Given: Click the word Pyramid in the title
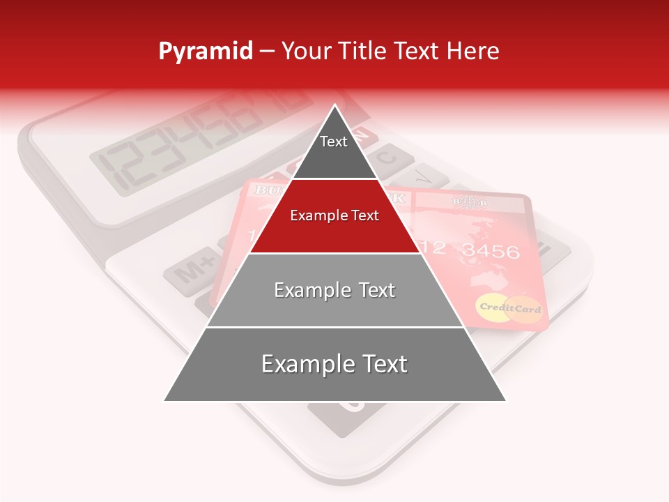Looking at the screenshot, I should (205, 52).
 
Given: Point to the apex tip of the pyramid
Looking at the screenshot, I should (334, 107).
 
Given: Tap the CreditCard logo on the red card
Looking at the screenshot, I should (509, 308).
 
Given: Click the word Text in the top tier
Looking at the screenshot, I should (333, 142).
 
